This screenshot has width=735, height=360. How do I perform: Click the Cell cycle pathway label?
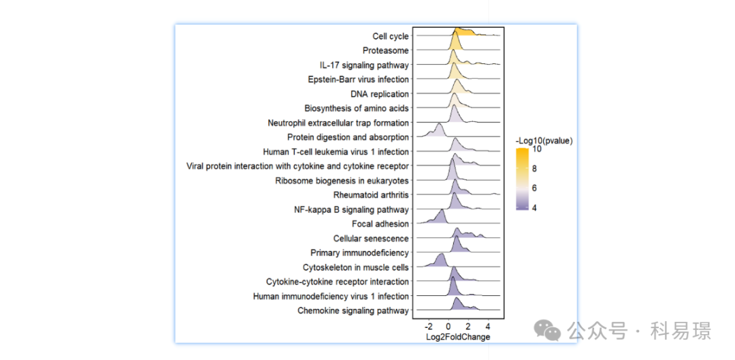point(391,36)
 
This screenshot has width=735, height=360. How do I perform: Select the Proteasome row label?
point(386,50)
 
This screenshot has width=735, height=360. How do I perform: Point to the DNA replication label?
point(380,94)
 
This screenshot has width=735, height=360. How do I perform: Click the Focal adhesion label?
point(380,224)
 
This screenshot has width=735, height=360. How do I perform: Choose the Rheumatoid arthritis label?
point(372,195)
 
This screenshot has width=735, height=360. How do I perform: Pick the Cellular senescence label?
point(372,238)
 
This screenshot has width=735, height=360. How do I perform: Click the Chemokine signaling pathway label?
point(353,310)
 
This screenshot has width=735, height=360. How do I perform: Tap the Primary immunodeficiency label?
point(360,252)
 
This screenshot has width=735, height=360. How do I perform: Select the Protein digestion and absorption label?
point(348,137)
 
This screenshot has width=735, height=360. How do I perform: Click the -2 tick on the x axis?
point(429,327)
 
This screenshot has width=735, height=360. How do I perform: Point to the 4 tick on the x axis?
point(488,327)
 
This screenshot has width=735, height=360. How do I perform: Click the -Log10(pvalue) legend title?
point(544,140)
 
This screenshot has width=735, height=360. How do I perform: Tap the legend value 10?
point(538,150)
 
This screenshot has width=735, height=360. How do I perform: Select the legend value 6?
point(536,188)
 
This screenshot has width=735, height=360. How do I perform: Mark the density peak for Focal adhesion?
point(441,212)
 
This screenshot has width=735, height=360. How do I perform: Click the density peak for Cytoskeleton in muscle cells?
point(440,255)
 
